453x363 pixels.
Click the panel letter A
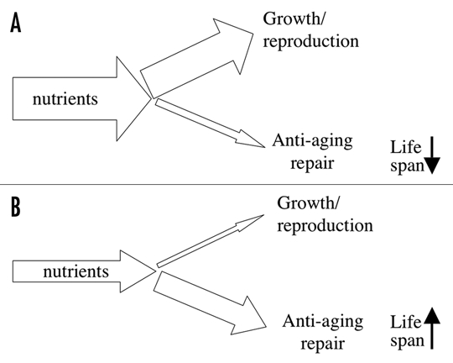click(x=16, y=24)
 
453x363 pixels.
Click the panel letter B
click(x=16, y=207)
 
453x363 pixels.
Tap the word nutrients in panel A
click(x=65, y=98)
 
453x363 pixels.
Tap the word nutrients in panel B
click(x=76, y=271)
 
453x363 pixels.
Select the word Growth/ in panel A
click(x=294, y=18)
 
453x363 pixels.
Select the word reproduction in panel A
click(x=311, y=42)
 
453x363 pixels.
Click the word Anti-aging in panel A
click(x=312, y=141)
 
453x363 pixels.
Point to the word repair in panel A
click(x=312, y=164)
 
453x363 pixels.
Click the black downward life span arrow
click(x=432, y=155)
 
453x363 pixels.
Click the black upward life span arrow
click(x=432, y=328)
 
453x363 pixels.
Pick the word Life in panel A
click(x=406, y=147)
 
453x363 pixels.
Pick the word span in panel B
click(x=408, y=340)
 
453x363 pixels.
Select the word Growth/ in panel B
click(x=308, y=203)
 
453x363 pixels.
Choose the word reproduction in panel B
click(x=325, y=226)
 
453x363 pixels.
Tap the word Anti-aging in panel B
click(x=323, y=322)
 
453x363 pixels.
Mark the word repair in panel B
click(x=323, y=345)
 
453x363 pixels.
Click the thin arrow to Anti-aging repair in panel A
click(x=210, y=123)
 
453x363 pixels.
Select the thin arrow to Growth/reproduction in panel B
click(x=210, y=241)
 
